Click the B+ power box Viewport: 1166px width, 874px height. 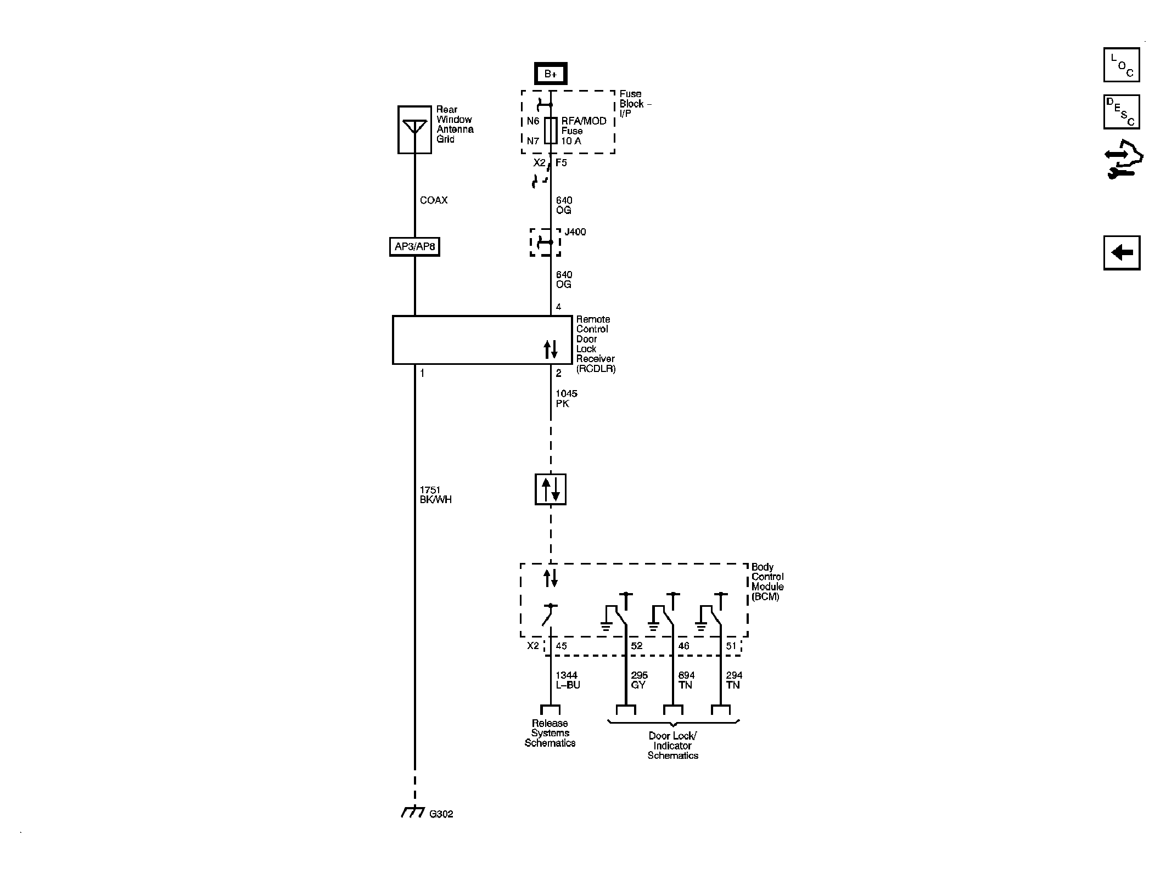[x=551, y=74]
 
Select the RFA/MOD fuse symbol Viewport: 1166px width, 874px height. [x=551, y=131]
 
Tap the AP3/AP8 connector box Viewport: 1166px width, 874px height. [x=414, y=247]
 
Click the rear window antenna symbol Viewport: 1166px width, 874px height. [x=414, y=129]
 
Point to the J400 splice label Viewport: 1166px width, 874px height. [x=575, y=232]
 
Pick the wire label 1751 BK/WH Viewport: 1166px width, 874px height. [x=435, y=495]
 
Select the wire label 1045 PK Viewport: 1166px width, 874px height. [x=566, y=399]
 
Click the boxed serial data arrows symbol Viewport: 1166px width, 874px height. [x=551, y=489]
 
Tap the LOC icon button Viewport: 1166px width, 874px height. [x=1121, y=65]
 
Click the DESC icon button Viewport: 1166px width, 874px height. [x=1121, y=112]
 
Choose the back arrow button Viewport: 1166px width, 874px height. [x=1122, y=253]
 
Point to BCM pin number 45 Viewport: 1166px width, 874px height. [x=561, y=646]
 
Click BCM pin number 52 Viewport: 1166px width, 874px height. [x=636, y=646]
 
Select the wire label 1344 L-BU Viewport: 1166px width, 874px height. [x=567, y=680]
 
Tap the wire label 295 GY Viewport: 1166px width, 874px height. [x=639, y=680]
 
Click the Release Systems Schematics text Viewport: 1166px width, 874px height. [x=550, y=733]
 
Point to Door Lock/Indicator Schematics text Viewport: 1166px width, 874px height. [x=672, y=746]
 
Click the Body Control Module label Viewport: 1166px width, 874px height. [x=767, y=582]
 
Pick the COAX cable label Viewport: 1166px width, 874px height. [x=434, y=200]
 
